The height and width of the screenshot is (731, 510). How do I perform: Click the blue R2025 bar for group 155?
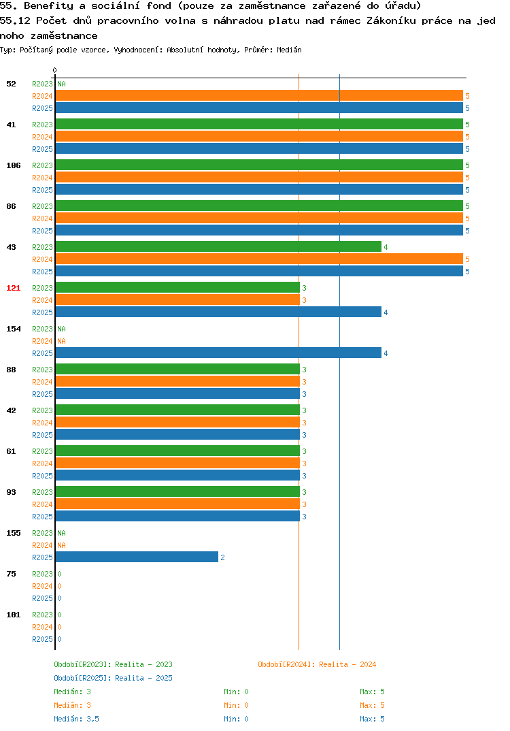(137, 557)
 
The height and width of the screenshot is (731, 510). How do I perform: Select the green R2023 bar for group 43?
(218, 246)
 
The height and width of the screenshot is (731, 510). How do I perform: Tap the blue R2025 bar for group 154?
(218, 353)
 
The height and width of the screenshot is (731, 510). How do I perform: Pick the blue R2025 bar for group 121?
(218, 312)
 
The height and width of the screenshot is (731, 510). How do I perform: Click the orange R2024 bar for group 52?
(259, 95)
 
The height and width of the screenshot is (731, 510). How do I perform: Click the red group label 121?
(14, 288)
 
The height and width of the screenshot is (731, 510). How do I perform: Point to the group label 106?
(14, 165)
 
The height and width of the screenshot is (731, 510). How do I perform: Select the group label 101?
(14, 615)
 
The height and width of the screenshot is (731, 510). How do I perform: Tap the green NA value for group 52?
(61, 84)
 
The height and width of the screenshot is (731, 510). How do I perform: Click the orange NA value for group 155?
(61, 545)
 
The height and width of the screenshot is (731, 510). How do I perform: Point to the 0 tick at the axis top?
(54, 70)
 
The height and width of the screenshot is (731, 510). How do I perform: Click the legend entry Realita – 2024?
(317, 664)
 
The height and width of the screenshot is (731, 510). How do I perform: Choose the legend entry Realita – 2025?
(113, 678)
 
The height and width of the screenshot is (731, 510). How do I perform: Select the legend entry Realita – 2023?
(113, 664)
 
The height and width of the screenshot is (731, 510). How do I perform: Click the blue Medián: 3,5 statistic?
(76, 719)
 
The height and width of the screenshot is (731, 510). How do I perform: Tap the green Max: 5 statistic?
(372, 692)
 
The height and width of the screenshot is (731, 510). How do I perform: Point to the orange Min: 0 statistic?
(236, 705)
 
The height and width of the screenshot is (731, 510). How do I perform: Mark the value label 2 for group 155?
(222, 557)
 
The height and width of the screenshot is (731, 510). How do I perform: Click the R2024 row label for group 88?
(42, 382)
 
